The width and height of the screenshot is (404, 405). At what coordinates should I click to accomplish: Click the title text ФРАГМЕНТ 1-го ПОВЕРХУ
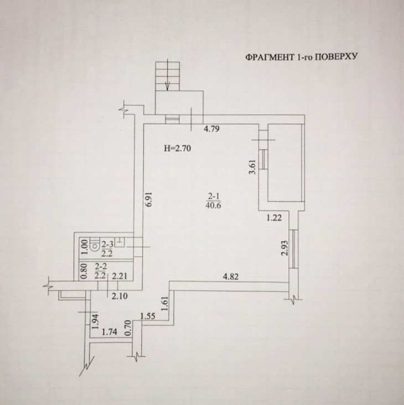tap(301, 57)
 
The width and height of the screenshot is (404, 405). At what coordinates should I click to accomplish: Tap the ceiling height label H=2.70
tap(178, 148)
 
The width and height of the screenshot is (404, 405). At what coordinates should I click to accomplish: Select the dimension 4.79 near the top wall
tap(211, 129)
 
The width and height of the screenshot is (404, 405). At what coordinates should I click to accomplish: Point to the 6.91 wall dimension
tap(149, 199)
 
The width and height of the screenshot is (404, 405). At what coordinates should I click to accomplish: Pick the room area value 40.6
tap(214, 206)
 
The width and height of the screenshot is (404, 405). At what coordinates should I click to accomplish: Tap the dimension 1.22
tap(274, 218)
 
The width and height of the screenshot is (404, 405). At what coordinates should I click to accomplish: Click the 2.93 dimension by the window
tap(284, 248)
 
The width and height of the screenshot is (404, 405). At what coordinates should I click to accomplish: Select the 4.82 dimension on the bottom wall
tap(231, 276)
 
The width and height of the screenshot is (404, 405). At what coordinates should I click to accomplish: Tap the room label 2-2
tap(101, 266)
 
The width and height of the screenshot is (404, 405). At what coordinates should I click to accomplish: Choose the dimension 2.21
tap(119, 276)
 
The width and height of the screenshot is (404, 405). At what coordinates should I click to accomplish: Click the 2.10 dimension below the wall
tap(120, 296)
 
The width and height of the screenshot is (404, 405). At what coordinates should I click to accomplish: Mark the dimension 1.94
tap(95, 321)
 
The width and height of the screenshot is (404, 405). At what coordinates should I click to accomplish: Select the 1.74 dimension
tap(110, 332)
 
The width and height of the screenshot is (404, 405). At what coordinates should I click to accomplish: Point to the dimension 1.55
tap(148, 316)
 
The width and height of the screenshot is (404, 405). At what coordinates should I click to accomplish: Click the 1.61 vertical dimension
tap(165, 304)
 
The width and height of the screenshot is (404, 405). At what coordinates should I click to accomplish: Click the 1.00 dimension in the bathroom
tap(84, 247)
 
